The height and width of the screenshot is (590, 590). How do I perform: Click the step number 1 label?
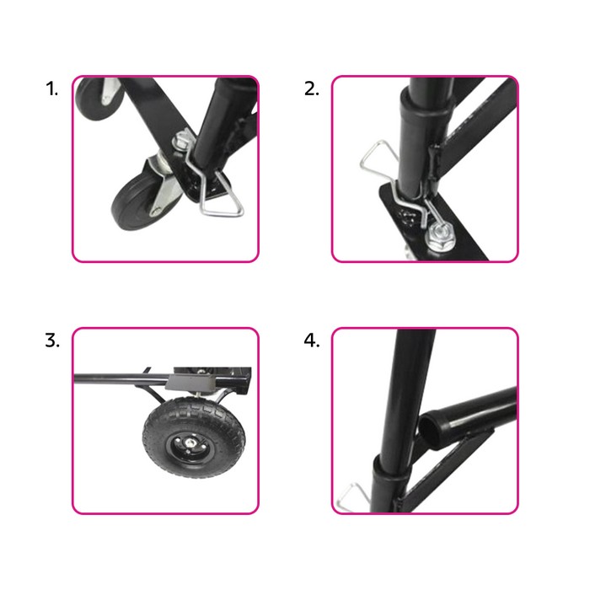point(52,89)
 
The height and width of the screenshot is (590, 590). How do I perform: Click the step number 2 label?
point(312,89)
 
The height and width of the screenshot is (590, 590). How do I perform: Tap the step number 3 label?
point(52,341)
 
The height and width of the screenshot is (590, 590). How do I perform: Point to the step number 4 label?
point(312,341)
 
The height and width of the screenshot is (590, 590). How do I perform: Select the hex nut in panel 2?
point(440,236)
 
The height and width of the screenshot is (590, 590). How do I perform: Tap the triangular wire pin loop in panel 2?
point(378,159)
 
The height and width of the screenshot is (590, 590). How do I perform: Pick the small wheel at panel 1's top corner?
point(99,99)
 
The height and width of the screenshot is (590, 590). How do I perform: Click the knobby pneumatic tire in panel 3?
point(193,437)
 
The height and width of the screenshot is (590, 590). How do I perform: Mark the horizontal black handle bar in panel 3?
point(121,378)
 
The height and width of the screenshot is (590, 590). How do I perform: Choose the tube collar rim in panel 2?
point(426,101)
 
